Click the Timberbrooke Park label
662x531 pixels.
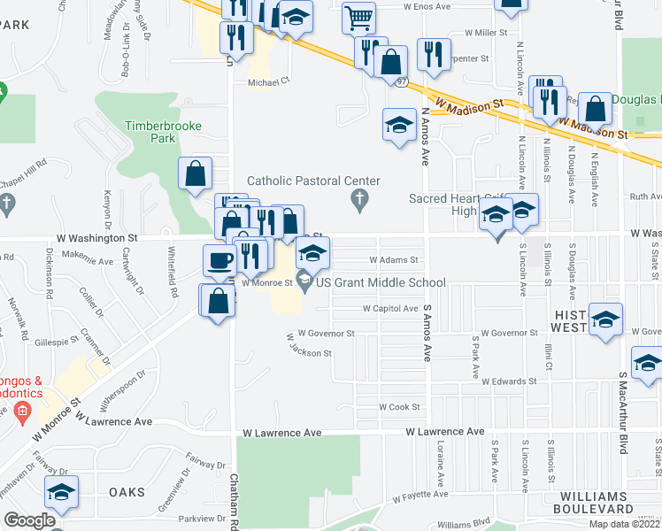click(x=150, y=132)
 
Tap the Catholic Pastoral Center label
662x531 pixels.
click(x=313, y=181)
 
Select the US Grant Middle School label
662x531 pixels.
click(x=381, y=283)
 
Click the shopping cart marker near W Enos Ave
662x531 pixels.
click(x=358, y=17)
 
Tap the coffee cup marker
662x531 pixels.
click(x=219, y=261)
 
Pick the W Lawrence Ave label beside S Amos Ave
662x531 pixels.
click(x=445, y=432)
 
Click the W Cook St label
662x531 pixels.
click(x=397, y=407)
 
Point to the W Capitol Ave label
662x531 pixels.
click(x=390, y=309)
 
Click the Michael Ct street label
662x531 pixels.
click(x=268, y=82)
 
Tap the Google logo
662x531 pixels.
click(x=28, y=520)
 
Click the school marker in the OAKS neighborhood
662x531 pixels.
click(x=61, y=492)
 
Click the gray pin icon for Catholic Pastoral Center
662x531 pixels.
click(x=359, y=204)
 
